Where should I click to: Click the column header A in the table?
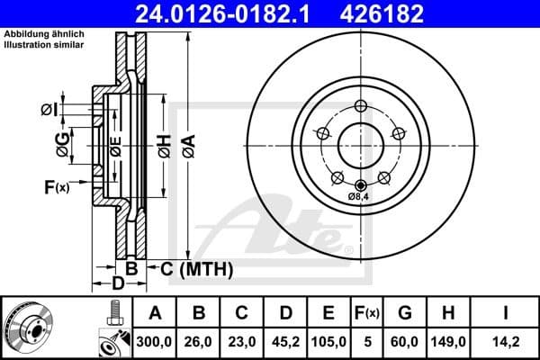pyautogui.click(x=155, y=312)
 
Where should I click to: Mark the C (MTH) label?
pyautogui.click(x=194, y=268)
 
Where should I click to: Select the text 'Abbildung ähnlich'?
pyautogui.click(x=41, y=33)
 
